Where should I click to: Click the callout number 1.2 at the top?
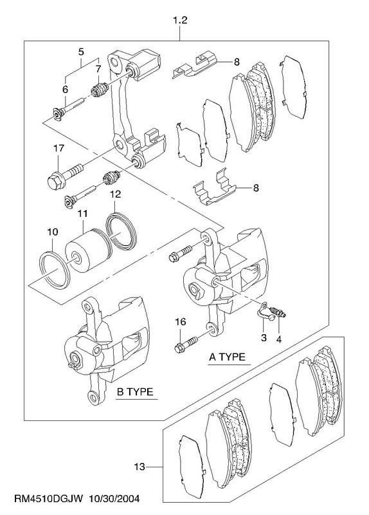(x=180, y=21)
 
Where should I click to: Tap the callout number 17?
(x=59, y=149)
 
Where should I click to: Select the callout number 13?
(x=139, y=466)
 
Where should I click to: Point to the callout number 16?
(x=180, y=321)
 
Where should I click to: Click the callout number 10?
(x=53, y=232)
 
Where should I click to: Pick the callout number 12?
(x=115, y=194)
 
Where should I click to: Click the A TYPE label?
(x=228, y=357)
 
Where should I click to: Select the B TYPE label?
(x=135, y=392)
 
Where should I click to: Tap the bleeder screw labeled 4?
(x=278, y=312)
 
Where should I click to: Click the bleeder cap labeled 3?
(x=265, y=312)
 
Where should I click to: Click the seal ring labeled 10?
(x=55, y=267)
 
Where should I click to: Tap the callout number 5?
(x=81, y=52)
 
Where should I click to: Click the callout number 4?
(x=279, y=339)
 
